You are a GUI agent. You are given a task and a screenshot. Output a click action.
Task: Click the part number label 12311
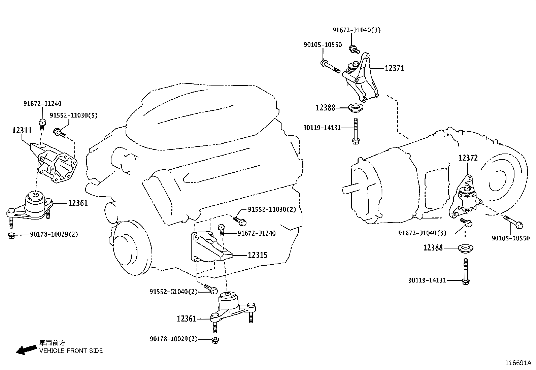[x=22, y=130]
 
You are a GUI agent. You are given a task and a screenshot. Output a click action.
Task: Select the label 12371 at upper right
[x=394, y=68]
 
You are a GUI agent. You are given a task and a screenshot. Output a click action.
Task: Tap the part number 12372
[x=468, y=158]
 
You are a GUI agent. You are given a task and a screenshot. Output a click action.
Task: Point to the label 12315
[x=258, y=255]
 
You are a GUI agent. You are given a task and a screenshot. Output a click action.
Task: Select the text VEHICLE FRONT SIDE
[x=71, y=351]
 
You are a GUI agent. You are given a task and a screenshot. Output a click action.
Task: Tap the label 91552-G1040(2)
[x=173, y=292]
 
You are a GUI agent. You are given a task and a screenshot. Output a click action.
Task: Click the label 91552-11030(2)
[x=272, y=209]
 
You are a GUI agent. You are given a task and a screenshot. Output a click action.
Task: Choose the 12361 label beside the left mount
[x=78, y=203]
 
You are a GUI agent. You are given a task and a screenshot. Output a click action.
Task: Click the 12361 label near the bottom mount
[x=187, y=318]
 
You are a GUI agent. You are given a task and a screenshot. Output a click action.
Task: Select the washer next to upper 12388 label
[x=354, y=108]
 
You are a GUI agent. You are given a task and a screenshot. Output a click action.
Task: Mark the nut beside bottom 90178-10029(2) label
[x=215, y=340]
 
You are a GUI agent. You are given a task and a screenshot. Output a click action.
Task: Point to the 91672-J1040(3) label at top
[x=357, y=30]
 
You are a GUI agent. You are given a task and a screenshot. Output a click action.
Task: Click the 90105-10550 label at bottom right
[x=510, y=238]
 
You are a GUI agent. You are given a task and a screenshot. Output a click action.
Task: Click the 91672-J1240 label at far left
[x=42, y=104]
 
